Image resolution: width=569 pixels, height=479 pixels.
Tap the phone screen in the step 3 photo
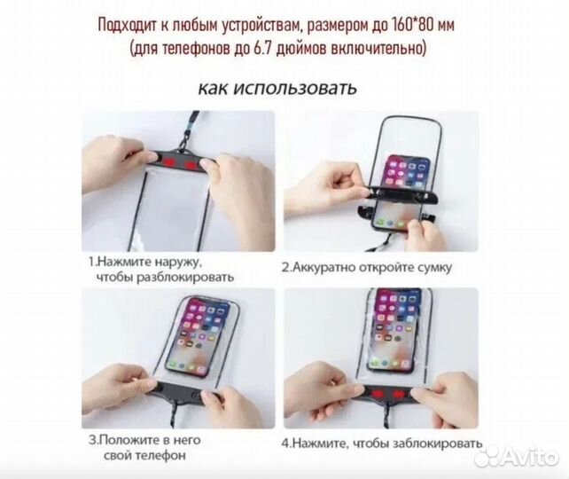199,337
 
